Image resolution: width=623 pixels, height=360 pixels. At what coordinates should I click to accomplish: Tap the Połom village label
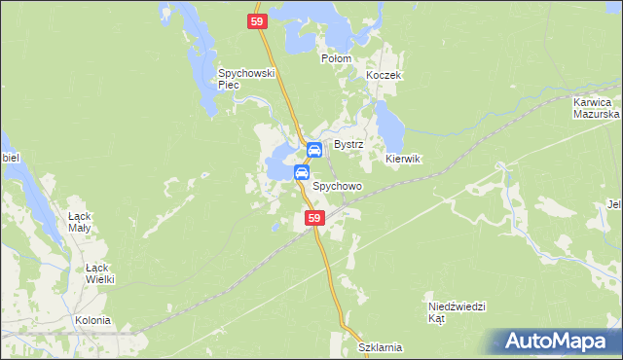pos(336,58)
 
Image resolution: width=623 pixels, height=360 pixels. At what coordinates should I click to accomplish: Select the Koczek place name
pos(383,75)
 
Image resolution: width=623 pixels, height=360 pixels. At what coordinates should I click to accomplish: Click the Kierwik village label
pos(402,159)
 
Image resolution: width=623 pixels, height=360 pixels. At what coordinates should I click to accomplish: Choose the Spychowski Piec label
pos(248,79)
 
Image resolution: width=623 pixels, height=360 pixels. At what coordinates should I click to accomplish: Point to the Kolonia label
pos(92,320)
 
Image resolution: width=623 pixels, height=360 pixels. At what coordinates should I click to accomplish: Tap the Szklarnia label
pos(380,347)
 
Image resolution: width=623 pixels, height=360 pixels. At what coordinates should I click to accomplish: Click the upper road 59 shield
pos(256,21)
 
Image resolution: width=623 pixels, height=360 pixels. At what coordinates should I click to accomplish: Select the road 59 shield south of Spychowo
pos(313,219)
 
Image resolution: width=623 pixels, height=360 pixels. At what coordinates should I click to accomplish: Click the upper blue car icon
pos(314,150)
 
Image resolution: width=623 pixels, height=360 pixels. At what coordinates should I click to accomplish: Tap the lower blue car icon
pos(302,173)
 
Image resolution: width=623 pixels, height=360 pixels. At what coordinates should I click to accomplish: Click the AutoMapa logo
pos(554,342)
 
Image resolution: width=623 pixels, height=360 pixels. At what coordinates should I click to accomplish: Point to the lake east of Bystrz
pos(390,123)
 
